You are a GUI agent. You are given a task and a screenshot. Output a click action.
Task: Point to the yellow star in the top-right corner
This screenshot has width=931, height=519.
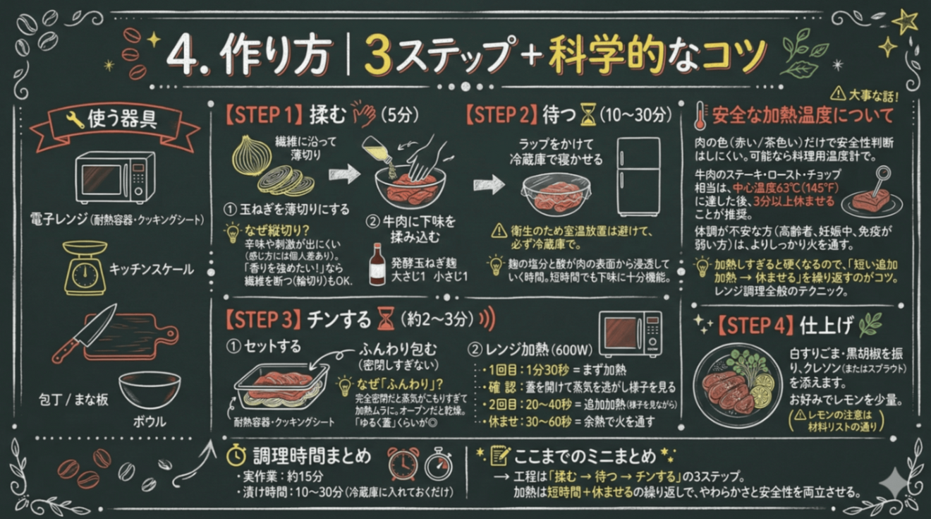905,22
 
